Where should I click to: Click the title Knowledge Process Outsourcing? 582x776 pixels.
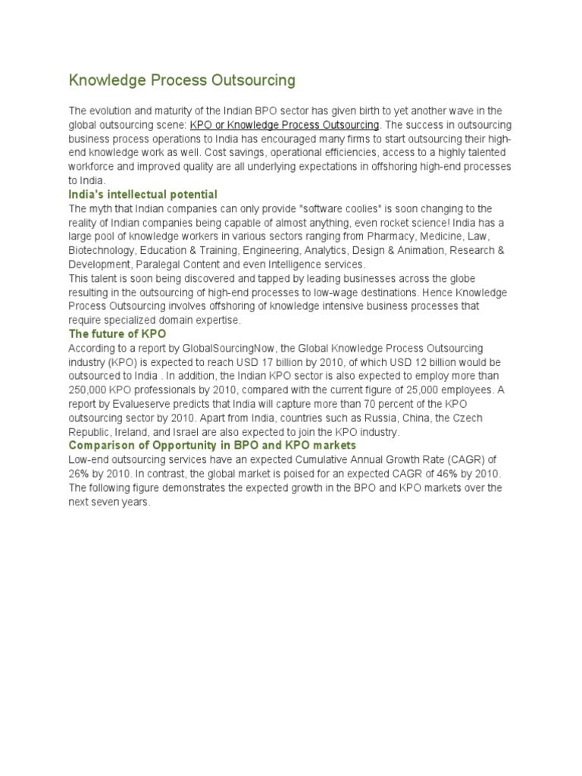tap(182, 80)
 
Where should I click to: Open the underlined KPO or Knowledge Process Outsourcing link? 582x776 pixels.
tap(284, 124)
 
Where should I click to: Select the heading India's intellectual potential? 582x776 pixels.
tap(143, 195)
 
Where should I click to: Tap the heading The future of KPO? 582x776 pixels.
tap(117, 333)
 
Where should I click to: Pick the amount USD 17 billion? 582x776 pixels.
tap(299, 362)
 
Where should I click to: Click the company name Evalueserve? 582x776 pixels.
tap(136, 404)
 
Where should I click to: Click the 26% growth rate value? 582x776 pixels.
tap(80, 474)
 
